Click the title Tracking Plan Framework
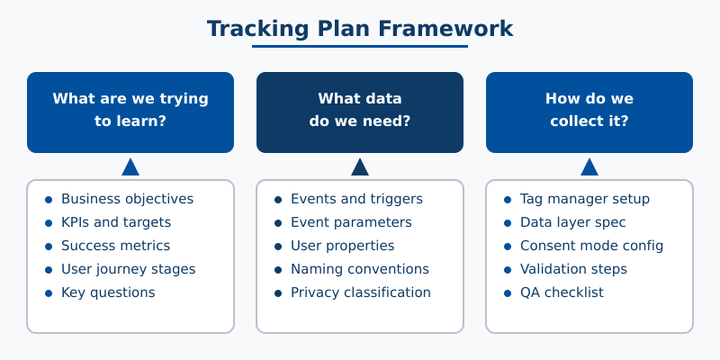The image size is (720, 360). [360, 29]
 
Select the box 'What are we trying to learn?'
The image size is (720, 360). [130, 112]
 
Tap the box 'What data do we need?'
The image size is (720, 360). [360, 112]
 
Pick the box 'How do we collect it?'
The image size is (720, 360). [589, 112]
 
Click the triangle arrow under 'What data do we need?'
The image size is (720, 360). [360, 167]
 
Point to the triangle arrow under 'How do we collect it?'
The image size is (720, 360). [589, 167]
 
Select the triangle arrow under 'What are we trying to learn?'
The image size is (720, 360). [130, 167]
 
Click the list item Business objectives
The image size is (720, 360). [127, 199]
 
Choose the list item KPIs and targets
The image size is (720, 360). [116, 222]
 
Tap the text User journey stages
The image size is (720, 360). [128, 269]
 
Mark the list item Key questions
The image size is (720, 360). [108, 292]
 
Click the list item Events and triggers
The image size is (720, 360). [356, 199]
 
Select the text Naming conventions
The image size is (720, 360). [360, 269]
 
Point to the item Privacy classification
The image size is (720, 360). [361, 292]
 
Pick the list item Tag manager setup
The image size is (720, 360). [585, 199]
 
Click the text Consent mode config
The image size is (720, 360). [591, 246]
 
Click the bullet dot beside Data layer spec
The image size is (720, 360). [508, 222]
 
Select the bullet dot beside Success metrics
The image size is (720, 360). [49, 246]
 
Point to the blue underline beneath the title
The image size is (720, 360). [360, 46]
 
